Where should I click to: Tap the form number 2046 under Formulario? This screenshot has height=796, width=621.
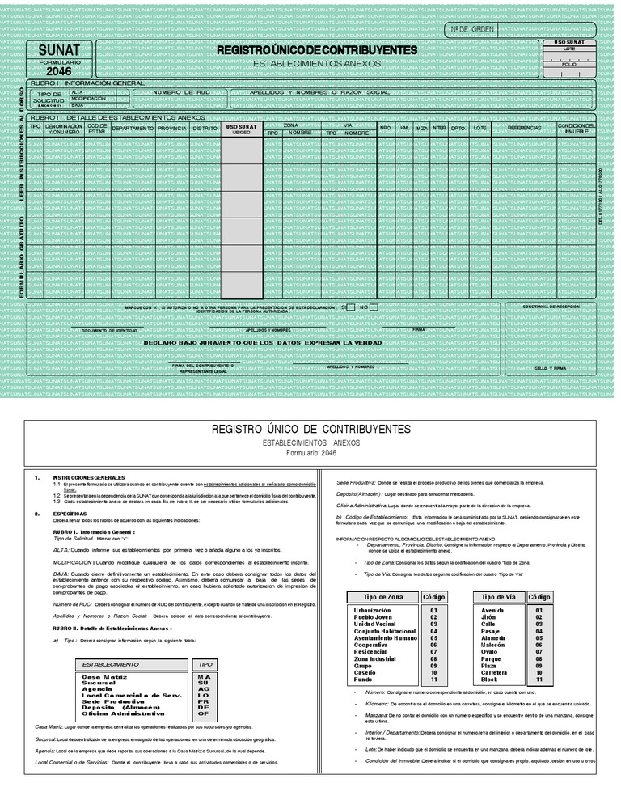59,71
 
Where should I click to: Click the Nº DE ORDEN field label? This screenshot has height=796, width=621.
471,29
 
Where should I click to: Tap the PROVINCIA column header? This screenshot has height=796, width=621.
172,129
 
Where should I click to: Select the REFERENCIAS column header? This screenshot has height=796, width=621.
524,129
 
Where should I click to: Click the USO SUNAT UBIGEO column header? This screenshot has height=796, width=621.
242,129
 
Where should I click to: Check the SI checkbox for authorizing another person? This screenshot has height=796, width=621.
350,307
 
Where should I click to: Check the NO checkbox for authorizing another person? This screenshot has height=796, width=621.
373,307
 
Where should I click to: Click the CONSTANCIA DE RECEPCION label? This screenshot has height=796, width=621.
551,307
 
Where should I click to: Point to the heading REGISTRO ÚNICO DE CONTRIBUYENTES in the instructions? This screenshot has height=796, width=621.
310,429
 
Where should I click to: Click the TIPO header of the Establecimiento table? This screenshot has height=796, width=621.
203,664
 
